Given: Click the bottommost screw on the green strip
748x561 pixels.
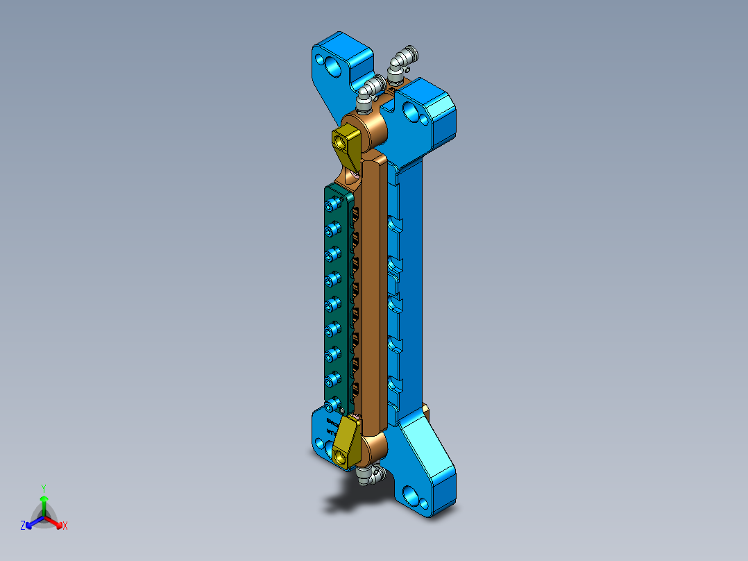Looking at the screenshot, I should click(x=334, y=403).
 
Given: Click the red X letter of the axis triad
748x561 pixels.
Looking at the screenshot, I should click(x=65, y=526).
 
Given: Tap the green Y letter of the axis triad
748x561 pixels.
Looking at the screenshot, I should click(x=43, y=488).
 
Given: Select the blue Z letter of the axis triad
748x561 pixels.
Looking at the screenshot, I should click(x=23, y=526).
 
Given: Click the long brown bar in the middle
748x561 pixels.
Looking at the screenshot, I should click(x=375, y=292).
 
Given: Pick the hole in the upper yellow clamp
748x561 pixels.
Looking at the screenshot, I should click(x=341, y=141).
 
